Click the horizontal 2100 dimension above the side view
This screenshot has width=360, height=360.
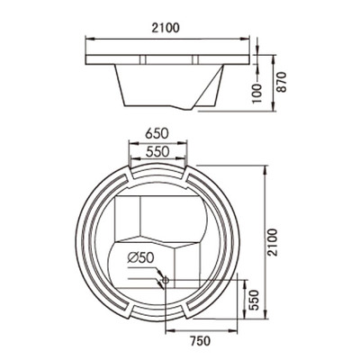pyautogui.click(x=166, y=28)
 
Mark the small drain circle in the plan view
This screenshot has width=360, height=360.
pyautogui.click(x=163, y=279)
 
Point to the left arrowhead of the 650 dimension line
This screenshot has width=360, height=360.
pyautogui.click(x=126, y=140)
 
